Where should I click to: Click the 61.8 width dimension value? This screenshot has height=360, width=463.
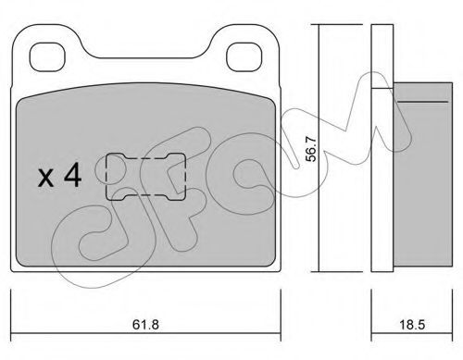point(145,325)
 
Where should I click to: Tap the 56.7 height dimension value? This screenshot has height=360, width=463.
point(311,149)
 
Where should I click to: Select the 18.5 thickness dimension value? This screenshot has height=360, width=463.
point(412,325)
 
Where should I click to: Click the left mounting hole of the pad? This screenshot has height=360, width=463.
point(47,56)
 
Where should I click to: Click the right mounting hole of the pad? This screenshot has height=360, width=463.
point(244,56)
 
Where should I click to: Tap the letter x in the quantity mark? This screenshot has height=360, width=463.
point(45,178)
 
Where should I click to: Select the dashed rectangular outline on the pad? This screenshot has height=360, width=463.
point(106,177)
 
